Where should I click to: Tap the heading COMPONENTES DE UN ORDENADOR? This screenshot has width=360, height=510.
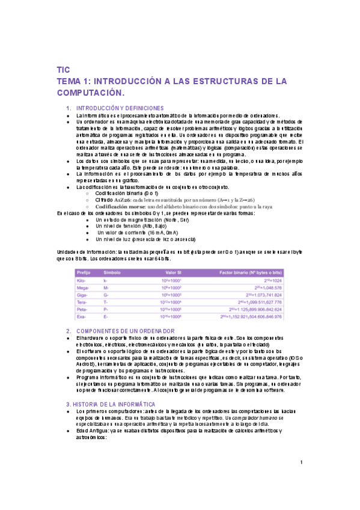pos(126,331)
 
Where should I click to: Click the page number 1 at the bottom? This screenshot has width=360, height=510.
pos(301,462)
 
